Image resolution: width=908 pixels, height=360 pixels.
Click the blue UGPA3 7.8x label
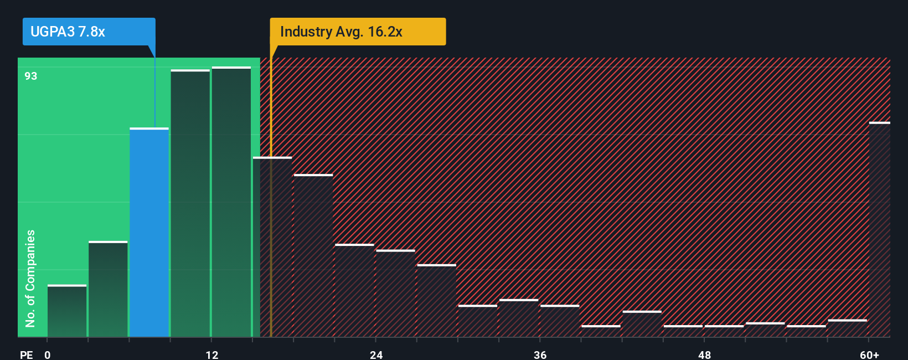(x=89, y=32)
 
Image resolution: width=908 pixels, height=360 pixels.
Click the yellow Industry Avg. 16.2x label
(x=357, y=32)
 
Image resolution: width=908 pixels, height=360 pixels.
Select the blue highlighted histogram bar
(x=149, y=233)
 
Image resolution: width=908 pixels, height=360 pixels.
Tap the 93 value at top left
(x=31, y=76)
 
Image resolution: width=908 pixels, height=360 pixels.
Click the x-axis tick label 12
(x=212, y=354)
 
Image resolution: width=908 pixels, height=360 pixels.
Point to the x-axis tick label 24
(x=376, y=354)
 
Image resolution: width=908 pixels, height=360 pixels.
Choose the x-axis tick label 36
(x=540, y=354)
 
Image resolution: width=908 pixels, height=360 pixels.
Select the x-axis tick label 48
(x=704, y=354)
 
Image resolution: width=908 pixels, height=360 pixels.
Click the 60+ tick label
(x=869, y=354)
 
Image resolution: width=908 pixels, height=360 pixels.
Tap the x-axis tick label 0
(x=48, y=354)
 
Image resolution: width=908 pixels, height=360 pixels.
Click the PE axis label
(x=26, y=354)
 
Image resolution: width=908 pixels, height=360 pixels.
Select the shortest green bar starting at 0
(x=67, y=311)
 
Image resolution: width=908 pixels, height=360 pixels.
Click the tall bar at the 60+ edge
(x=879, y=230)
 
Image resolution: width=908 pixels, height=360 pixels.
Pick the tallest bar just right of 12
(x=231, y=202)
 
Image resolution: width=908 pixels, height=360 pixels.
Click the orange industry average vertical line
(x=271, y=194)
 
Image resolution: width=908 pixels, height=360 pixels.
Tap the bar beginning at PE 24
(x=395, y=294)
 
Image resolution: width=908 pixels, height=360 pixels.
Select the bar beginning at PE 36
(x=560, y=321)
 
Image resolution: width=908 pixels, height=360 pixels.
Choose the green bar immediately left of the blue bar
(x=108, y=289)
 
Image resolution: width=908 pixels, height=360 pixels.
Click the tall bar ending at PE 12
(x=190, y=204)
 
